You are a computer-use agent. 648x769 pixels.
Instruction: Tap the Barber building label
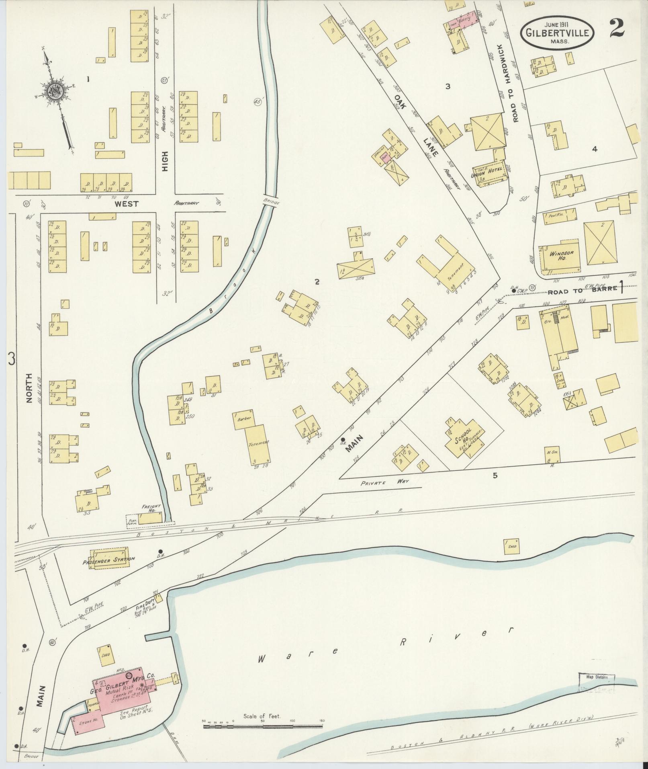[244, 418]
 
